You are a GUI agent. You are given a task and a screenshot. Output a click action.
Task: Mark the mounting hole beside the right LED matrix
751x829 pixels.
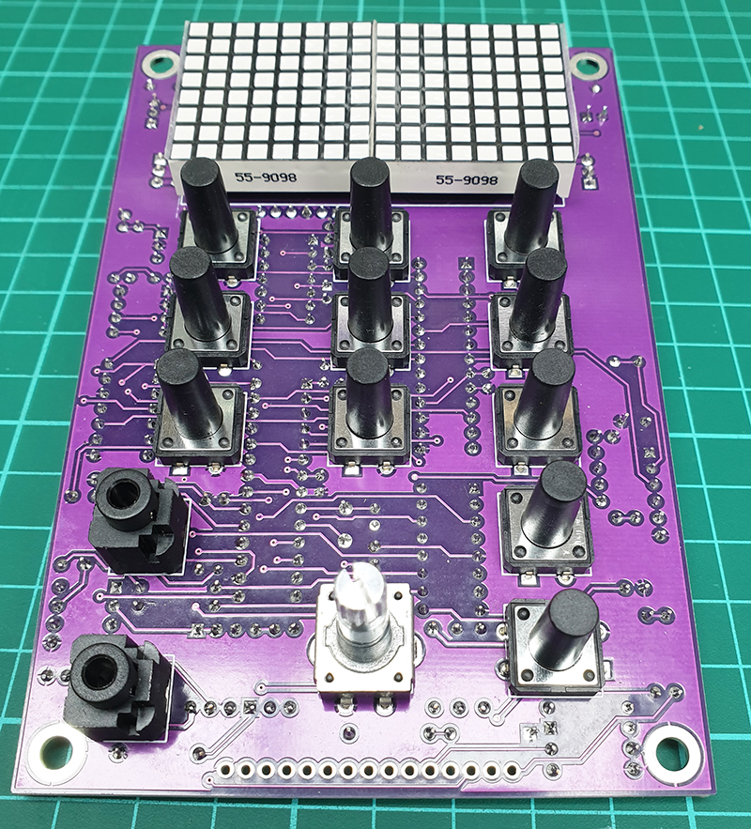pos(590,66)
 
